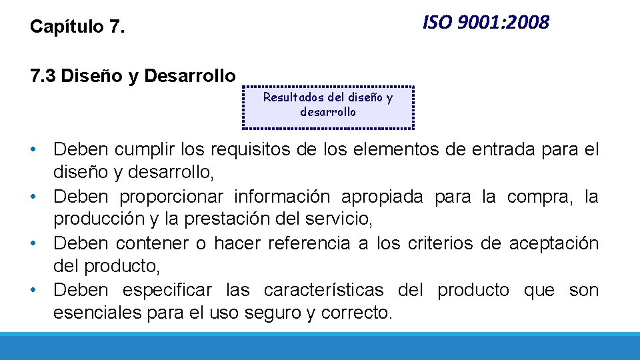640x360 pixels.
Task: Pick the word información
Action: pos(282,197)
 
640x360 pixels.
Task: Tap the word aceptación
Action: pos(554,243)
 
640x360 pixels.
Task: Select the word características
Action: pos(323,290)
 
